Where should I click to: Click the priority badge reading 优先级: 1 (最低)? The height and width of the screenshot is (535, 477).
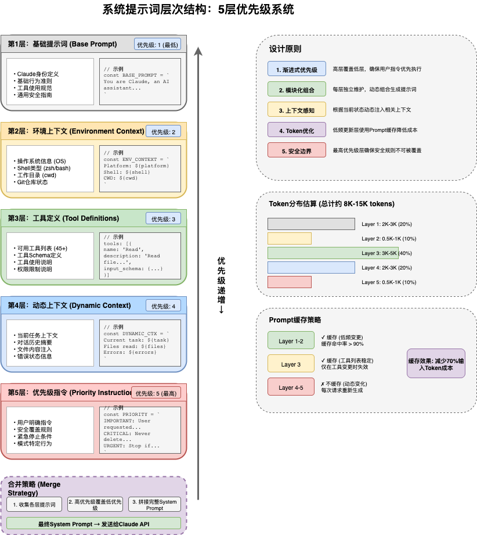[157, 45]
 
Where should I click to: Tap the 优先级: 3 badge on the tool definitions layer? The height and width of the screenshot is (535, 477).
[163, 219]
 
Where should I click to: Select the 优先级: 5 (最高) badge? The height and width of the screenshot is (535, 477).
[156, 393]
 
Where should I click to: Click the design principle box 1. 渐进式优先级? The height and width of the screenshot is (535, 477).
[297, 70]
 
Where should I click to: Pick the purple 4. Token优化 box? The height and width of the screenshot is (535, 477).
[297, 131]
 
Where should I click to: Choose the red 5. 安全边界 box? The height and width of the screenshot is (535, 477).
[297, 151]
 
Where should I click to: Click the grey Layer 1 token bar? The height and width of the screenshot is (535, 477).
[311, 224]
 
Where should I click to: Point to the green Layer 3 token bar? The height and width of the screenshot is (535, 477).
[333, 253]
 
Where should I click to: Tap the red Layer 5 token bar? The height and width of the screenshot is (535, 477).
[290, 282]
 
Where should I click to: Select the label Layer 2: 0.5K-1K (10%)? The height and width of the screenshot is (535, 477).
[389, 239]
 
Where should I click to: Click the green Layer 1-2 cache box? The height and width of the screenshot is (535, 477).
[291, 341]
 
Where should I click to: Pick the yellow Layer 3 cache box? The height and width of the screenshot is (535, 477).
[291, 364]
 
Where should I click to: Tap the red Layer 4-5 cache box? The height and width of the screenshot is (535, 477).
[291, 387]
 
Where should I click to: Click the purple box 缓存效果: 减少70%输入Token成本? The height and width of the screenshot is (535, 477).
[436, 364]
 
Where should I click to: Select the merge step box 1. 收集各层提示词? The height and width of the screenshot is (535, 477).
[34, 504]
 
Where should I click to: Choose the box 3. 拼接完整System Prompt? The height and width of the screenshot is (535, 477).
[154, 504]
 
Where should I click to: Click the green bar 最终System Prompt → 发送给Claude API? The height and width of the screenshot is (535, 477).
[94, 524]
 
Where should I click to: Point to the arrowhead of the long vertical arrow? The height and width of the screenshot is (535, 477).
[198, 51]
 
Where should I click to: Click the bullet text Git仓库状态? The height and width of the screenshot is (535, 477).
[32, 182]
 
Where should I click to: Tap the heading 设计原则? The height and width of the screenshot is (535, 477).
[285, 49]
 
